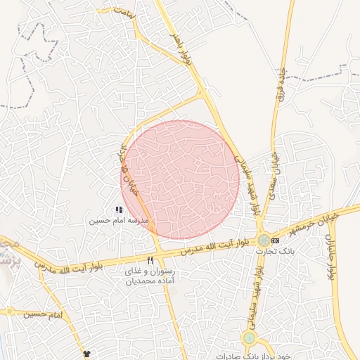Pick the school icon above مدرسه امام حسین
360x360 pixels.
(119, 210)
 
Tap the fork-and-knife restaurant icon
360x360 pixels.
(149, 260)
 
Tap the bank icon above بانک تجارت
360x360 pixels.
(275, 240)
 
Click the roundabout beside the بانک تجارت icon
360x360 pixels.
(263, 240)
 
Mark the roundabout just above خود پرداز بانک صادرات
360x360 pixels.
(248, 338)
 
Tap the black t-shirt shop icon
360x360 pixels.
(87, 353)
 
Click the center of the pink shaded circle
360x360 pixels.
(180, 179)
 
